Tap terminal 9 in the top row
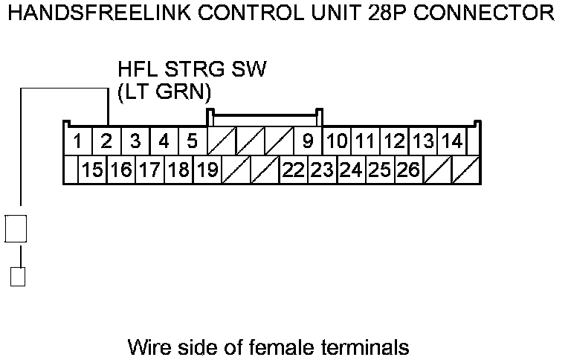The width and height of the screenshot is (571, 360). coord(307,141)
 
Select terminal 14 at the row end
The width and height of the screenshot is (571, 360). coord(451,141)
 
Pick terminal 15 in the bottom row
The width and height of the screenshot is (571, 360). coord(92,170)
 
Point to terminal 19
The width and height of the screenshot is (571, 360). coord(207,170)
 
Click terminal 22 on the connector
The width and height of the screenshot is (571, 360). coord(294,170)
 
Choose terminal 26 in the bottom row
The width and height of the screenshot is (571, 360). coord(408,170)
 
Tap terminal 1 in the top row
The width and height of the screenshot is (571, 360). coord(77,141)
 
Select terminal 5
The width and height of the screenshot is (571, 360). coord(192,141)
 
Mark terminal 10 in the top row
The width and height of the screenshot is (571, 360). coord(337,141)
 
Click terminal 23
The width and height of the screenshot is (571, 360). coord(322,170)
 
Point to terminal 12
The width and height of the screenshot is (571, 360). coord(394,141)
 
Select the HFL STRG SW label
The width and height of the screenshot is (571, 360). coord(192,71)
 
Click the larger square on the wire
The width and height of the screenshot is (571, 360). coord(16,228)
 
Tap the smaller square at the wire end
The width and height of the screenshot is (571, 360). coord(18,277)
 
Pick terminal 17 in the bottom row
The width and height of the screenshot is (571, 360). coord(149,170)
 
